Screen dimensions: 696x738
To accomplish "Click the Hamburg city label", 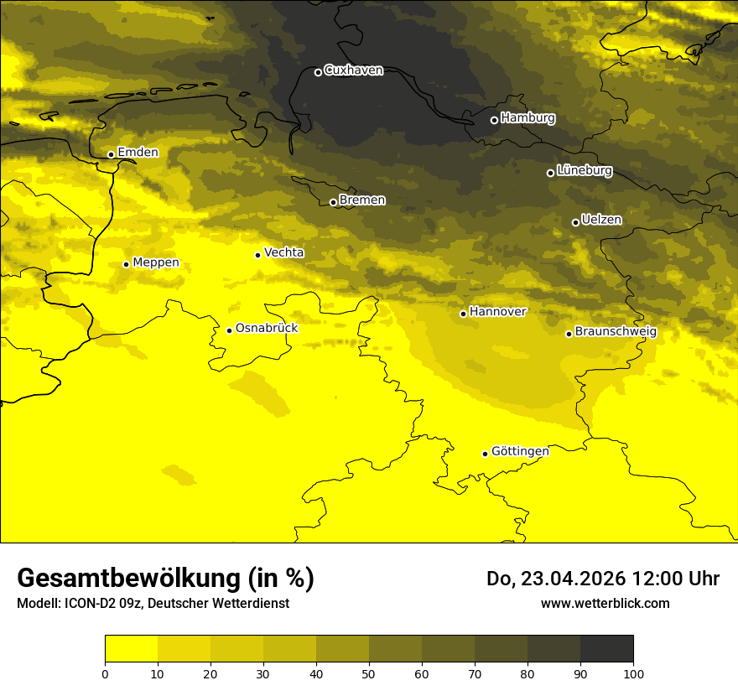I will click(528, 118).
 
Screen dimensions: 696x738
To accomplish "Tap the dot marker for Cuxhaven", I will click(318, 72).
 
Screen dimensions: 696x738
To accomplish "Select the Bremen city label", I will click(362, 200).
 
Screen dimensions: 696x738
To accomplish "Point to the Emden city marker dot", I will click(111, 154).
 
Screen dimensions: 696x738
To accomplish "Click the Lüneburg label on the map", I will click(585, 171).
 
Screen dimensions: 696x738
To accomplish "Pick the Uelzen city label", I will click(601, 221).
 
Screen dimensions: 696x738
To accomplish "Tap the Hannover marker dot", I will click(463, 314).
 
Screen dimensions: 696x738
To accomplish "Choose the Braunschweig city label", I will click(616, 332).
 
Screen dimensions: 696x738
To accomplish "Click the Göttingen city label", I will click(520, 452).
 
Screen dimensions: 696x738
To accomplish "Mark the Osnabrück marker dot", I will click(229, 330).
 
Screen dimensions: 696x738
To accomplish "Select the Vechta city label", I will click(283, 252).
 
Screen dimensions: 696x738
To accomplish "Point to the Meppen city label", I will click(156, 263).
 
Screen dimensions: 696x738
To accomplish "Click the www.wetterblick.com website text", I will click(605, 603).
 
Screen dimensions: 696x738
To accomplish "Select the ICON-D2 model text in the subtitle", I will click(91, 603).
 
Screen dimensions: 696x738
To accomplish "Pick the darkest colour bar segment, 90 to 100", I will click(606, 649).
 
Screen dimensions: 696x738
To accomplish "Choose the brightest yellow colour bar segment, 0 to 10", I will click(131, 649).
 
